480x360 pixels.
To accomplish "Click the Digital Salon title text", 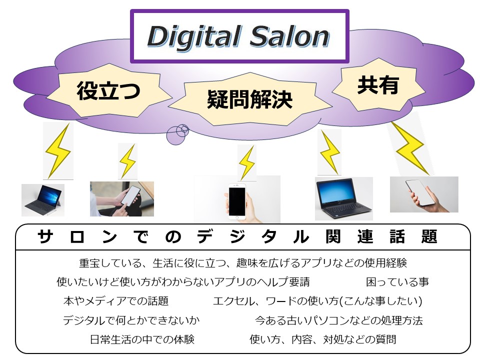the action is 238,36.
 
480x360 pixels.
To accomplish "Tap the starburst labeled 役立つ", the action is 109,90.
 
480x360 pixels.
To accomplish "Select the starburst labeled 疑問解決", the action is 250,99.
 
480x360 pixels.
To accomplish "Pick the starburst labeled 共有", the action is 378,85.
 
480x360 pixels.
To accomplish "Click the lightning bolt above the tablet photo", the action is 58,151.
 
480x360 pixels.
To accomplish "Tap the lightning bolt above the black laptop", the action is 329,152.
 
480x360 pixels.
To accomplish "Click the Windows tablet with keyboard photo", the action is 43,200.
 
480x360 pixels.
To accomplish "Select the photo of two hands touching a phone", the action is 122,199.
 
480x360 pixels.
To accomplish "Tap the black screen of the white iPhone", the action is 237,201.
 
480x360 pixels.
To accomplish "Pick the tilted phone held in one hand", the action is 421,193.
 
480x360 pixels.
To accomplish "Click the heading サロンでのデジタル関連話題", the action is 237,236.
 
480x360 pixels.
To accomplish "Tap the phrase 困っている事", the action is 397,282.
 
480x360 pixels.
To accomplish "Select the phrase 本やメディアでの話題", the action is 116,301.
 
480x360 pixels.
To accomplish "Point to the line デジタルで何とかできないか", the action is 131,320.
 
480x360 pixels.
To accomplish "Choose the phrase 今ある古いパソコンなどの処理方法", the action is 339,320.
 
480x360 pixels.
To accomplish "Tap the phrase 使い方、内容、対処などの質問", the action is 322,339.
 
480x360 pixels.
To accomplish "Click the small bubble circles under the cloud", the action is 177,134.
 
